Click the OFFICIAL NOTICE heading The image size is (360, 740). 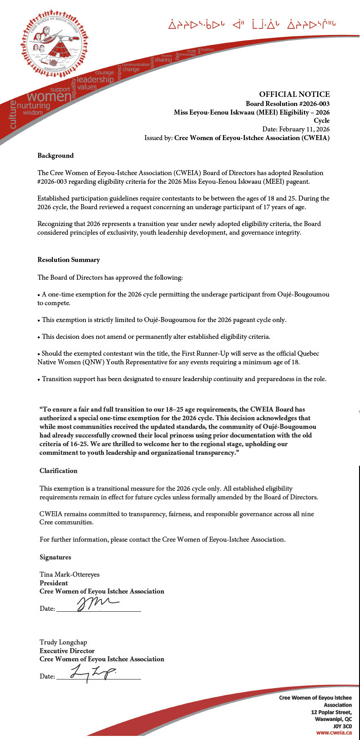pyautogui.click(x=294, y=95)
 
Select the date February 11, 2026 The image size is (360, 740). pyautogui.click(x=304, y=129)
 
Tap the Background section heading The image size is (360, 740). pyautogui.click(x=56, y=156)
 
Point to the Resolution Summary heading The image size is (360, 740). pyautogui.click(x=69, y=260)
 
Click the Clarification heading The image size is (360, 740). pyautogui.click(x=58, y=471)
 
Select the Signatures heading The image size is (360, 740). pyautogui.click(x=55, y=557)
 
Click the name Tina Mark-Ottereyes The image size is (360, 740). pyautogui.click(x=69, y=574)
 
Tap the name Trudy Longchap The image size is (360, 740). pyautogui.click(x=63, y=642)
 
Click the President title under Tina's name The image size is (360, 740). pyautogui.click(x=54, y=583)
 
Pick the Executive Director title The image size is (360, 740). pyautogui.click(x=67, y=651)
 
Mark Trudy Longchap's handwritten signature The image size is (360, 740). pyautogui.click(x=93, y=672)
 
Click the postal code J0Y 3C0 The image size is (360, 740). pyautogui.click(x=342, y=726)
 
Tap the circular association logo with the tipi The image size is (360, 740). pyautogui.click(x=54, y=41)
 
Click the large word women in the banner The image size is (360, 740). pyautogui.click(x=49, y=97)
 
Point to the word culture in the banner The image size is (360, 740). pyautogui.click(x=12, y=115)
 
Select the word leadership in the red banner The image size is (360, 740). pyautogui.click(x=96, y=80)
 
